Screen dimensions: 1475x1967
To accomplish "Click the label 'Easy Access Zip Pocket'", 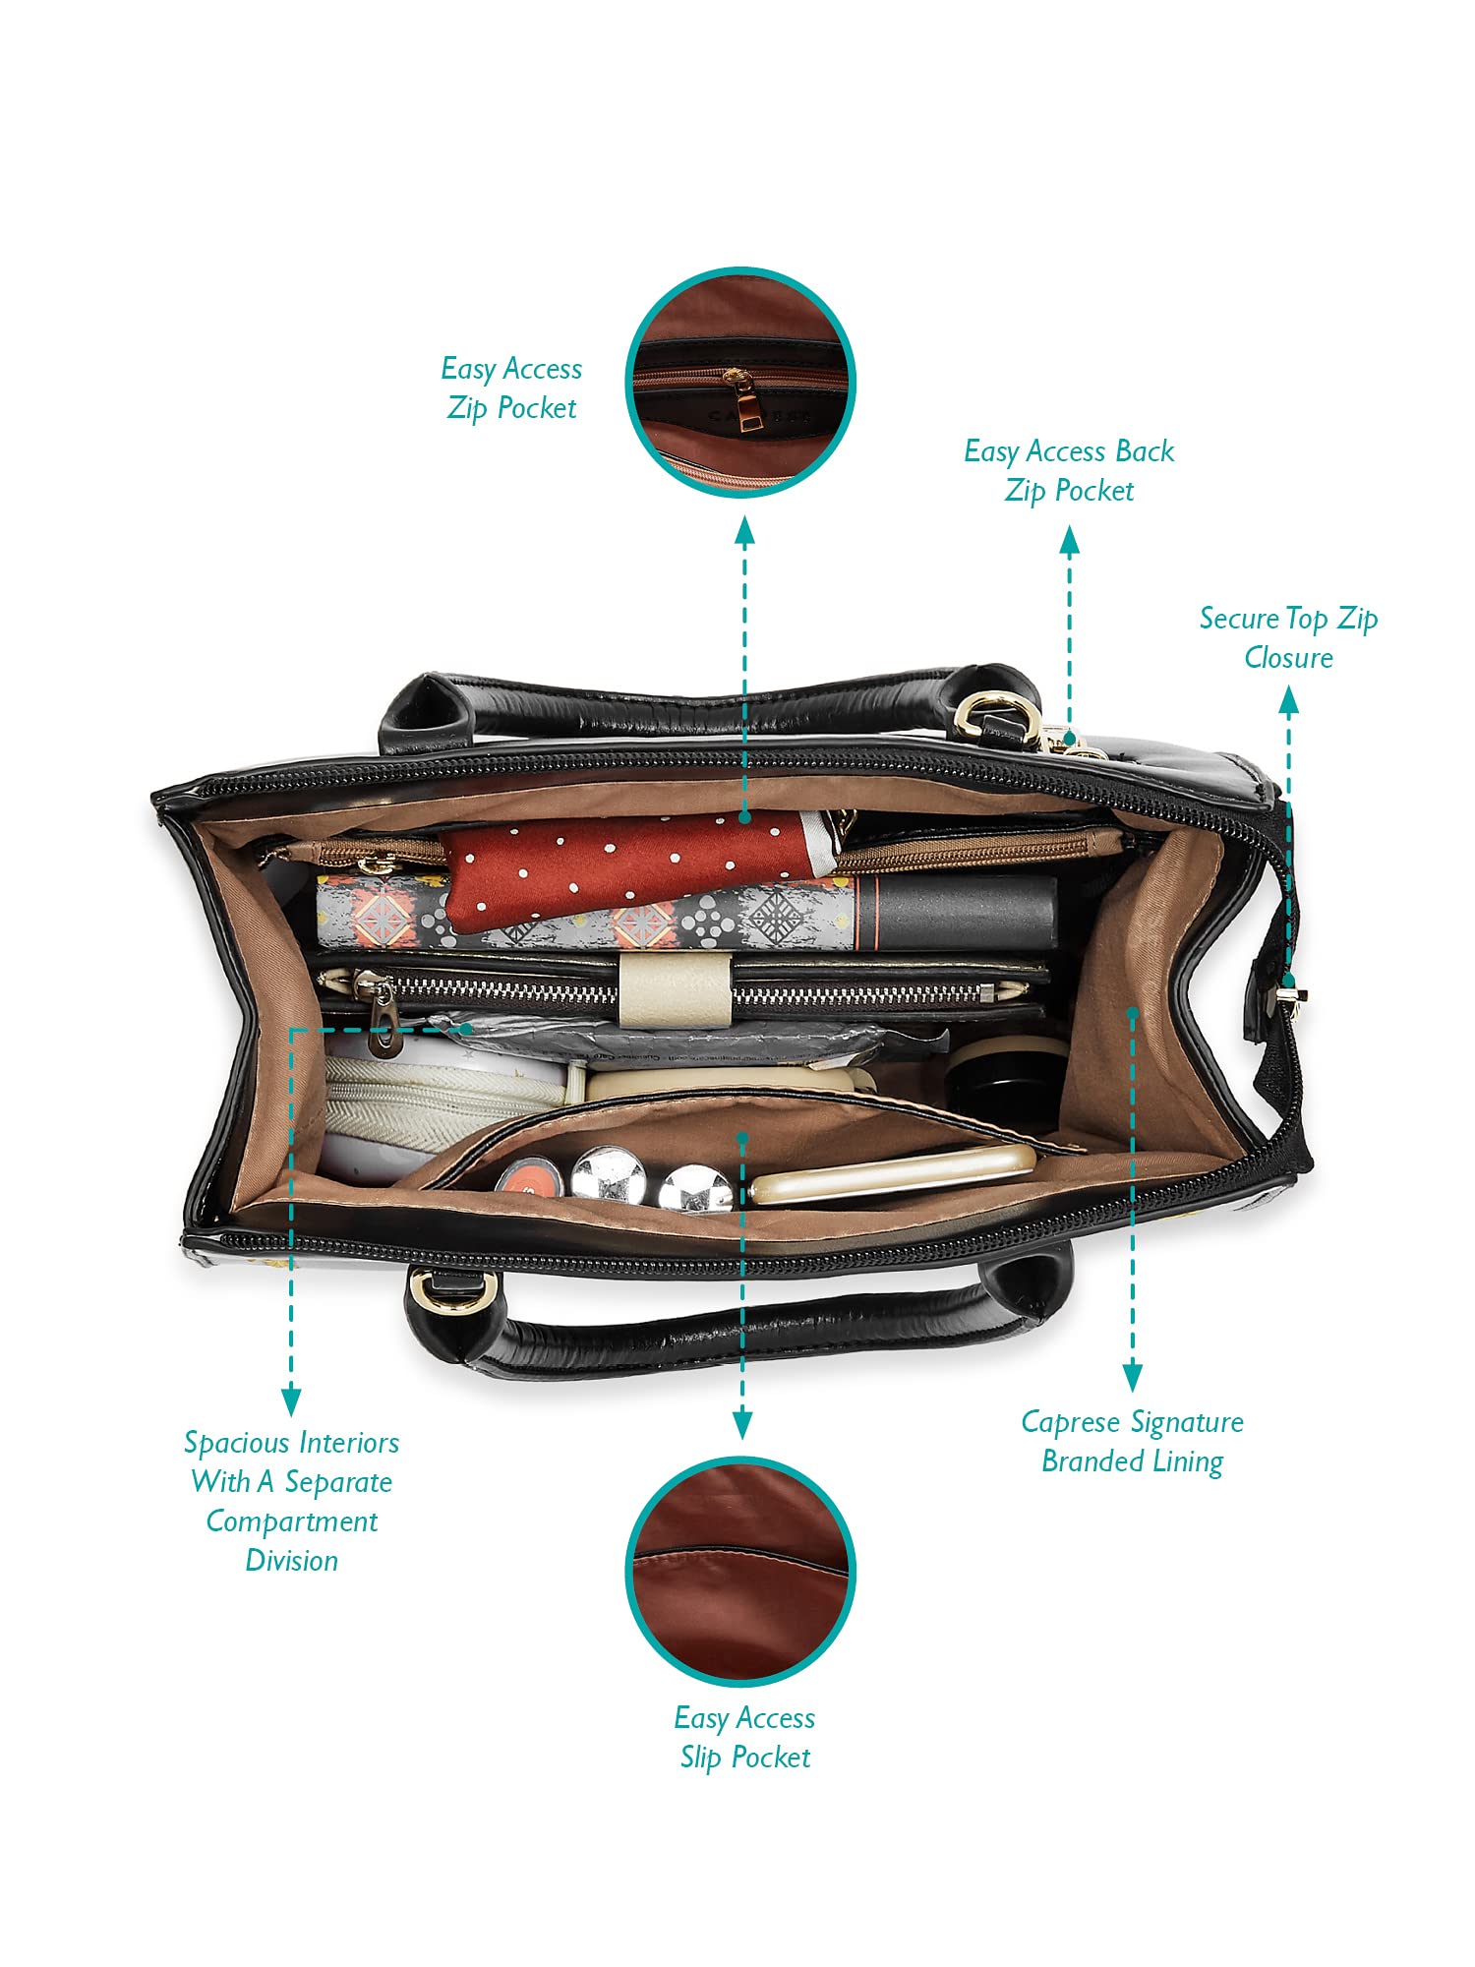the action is [x=511, y=388].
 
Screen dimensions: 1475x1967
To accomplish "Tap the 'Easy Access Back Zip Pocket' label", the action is [x=1069, y=471].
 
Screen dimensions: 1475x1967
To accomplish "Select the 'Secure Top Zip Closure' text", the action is [x=1288, y=637].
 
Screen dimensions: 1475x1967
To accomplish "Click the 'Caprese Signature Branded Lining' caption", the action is [x=1132, y=1442].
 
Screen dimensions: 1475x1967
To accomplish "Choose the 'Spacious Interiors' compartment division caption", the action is [x=291, y=1502].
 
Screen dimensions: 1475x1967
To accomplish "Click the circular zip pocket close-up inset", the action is [x=740, y=382].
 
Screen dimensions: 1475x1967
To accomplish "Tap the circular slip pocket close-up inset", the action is [x=740, y=1573].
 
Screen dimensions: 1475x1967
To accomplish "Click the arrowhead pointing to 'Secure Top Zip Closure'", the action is [x=1288, y=700].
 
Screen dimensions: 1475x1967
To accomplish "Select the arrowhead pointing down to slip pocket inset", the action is [x=742, y=1425].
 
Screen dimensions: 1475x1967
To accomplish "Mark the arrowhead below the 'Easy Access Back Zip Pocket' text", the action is [x=1069, y=540].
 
